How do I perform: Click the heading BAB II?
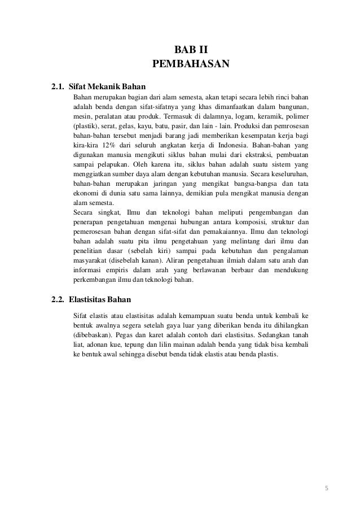(191, 50)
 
